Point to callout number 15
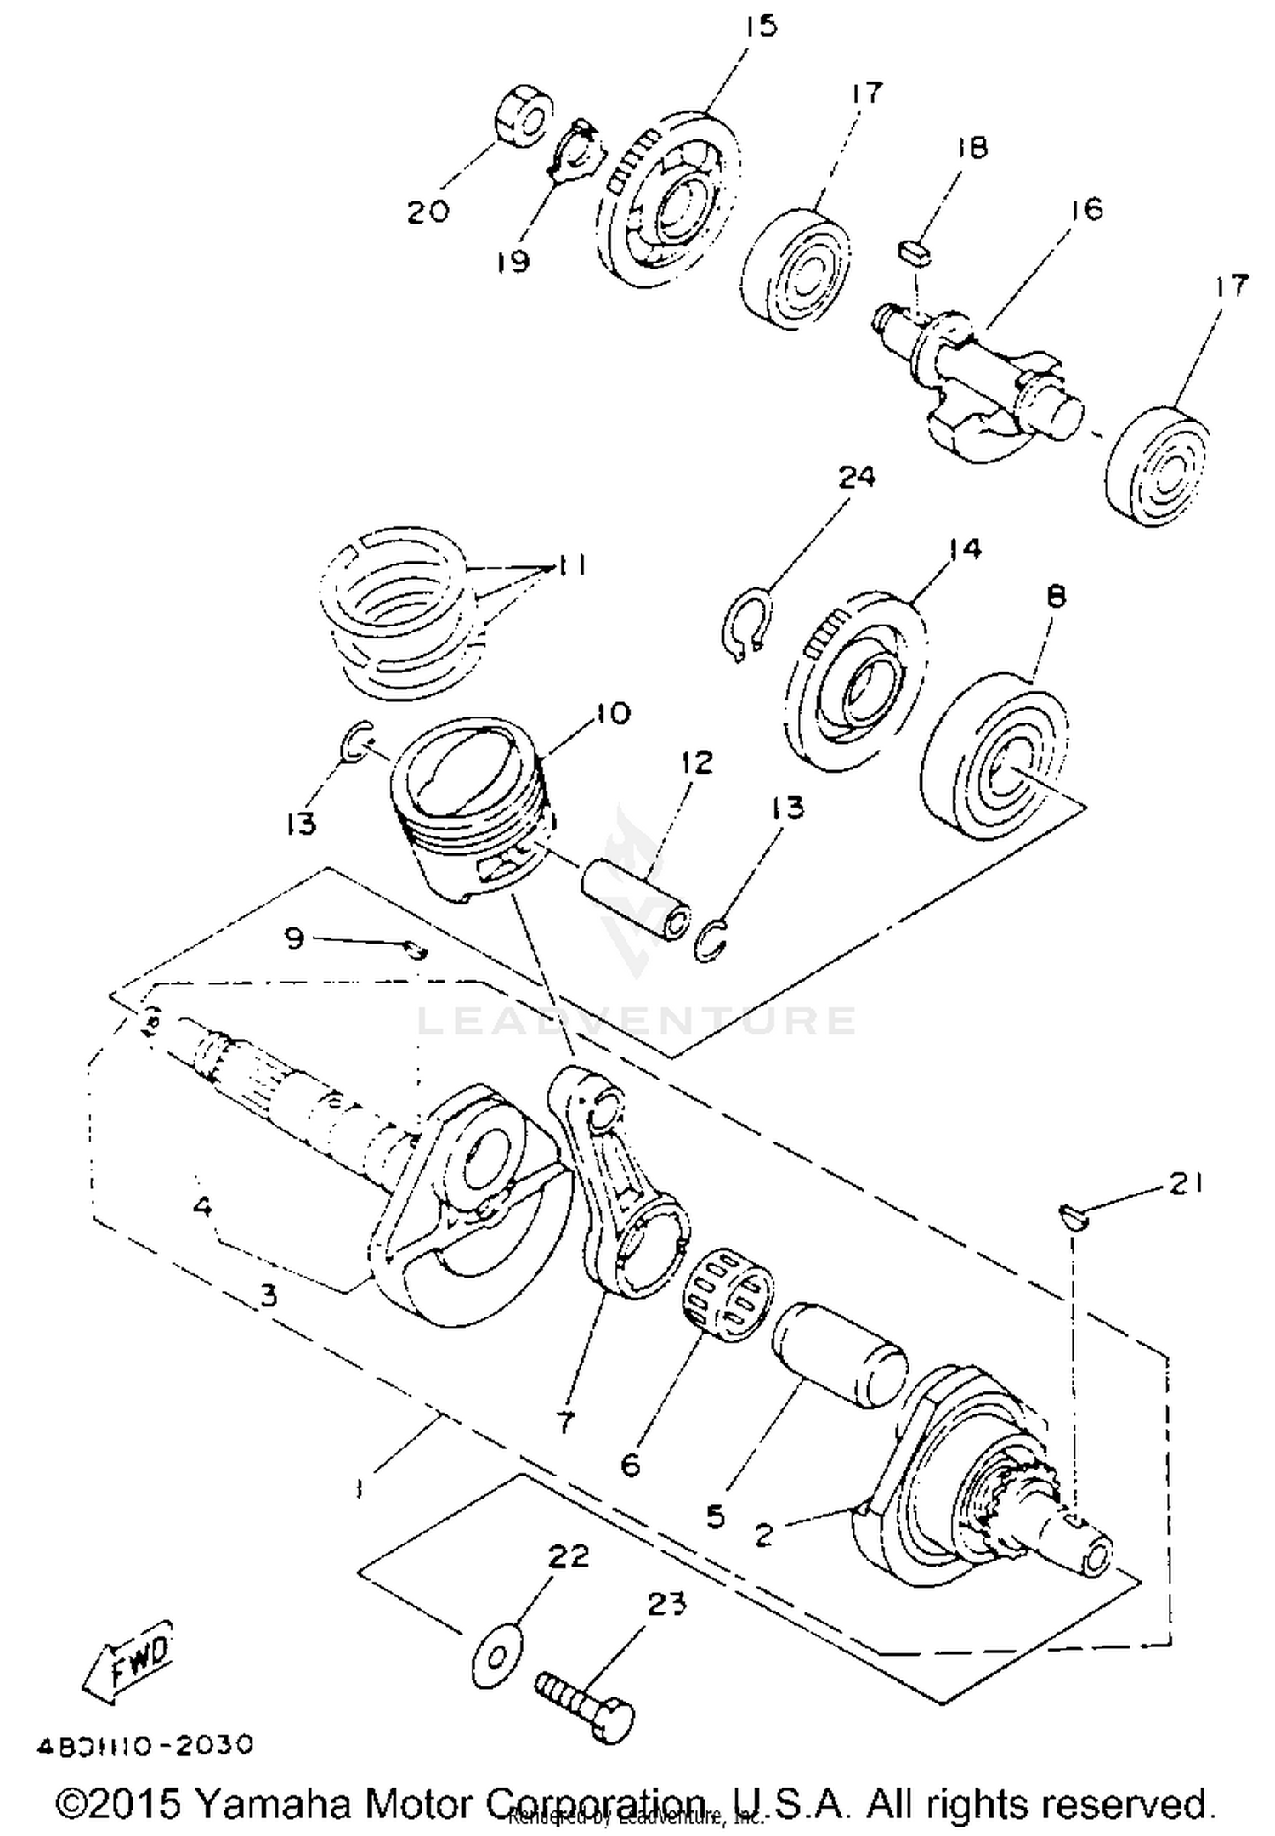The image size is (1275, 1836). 761,25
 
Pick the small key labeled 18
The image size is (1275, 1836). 915,252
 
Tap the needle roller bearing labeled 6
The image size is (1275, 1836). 728,1295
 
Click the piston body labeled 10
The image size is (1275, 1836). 472,807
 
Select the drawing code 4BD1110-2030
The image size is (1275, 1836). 144,1745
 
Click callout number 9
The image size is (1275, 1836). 293,939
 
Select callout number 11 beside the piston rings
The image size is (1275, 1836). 571,565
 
